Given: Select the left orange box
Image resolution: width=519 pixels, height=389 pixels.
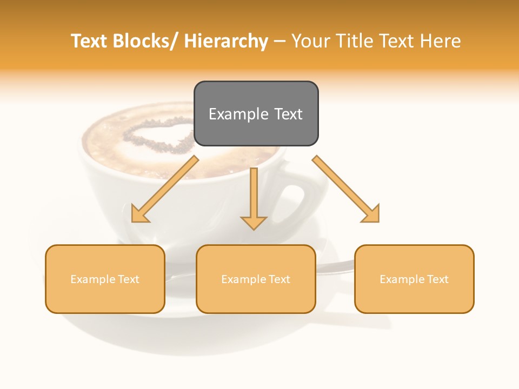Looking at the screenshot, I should [x=105, y=279].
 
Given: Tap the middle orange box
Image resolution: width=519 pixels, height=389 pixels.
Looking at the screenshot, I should [x=256, y=279].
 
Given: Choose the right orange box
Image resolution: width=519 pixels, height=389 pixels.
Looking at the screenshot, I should [x=414, y=279].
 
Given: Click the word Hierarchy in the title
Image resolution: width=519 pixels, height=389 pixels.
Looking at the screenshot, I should [x=226, y=42].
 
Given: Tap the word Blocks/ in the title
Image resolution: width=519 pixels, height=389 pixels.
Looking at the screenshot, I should [x=147, y=42].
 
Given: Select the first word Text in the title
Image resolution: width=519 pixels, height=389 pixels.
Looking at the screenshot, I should [x=90, y=42].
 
